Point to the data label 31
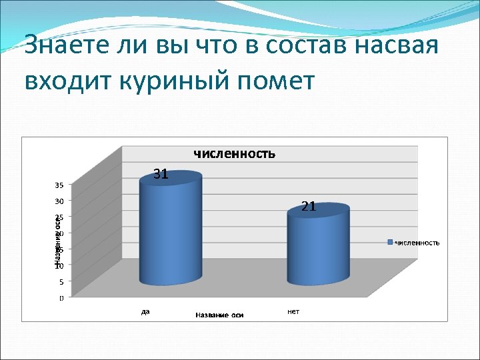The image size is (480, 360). pyautogui.click(x=161, y=175)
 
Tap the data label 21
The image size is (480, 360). pyautogui.click(x=309, y=207)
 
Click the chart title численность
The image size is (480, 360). pyautogui.click(x=234, y=154)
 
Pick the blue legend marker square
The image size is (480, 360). pyautogui.click(x=391, y=242)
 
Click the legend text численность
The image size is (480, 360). pyautogui.click(x=417, y=243)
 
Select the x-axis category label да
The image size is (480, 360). pyautogui.click(x=145, y=311)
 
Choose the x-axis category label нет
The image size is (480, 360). pyautogui.click(x=293, y=311)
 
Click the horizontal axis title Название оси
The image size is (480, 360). pyautogui.click(x=219, y=315)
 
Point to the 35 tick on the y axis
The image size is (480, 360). pyautogui.click(x=59, y=185)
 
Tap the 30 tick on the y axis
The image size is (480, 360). pyautogui.click(x=59, y=201)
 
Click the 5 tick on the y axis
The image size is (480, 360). pyautogui.click(x=61, y=281)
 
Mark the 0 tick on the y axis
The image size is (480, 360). pyautogui.click(x=61, y=298)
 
